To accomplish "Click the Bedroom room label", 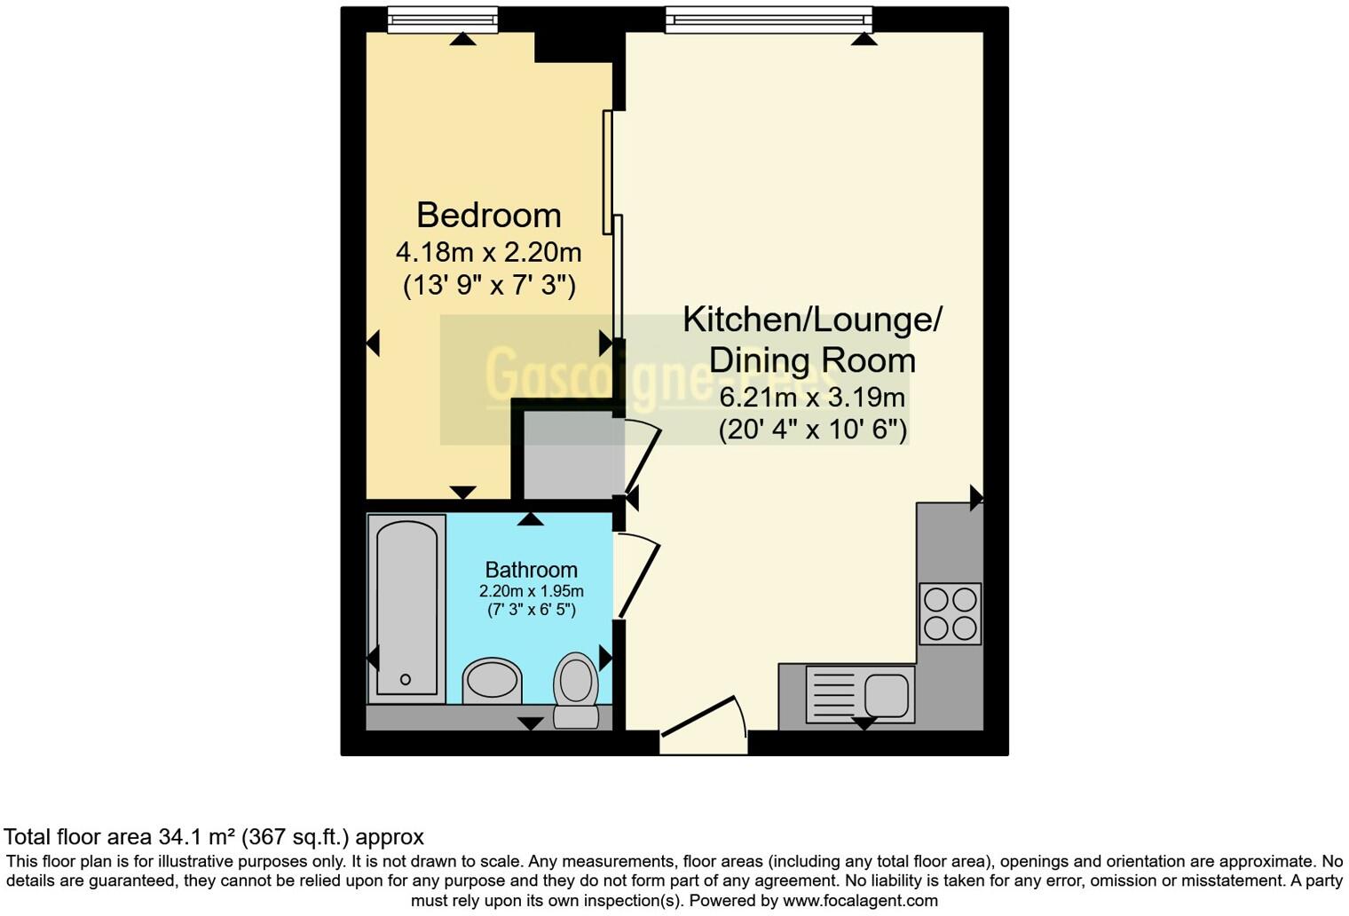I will [x=488, y=216].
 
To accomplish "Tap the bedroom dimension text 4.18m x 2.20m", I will [x=488, y=253].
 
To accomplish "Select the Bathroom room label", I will [x=531, y=570].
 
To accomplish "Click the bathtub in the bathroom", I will [x=407, y=608].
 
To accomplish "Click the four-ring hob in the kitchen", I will [x=950, y=613].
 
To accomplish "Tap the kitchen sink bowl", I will [x=887, y=693].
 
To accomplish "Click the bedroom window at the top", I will [x=443, y=19].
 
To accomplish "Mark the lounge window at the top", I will [x=769, y=19].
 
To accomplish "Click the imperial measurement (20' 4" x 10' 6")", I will [x=812, y=430].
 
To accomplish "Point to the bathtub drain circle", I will [x=406, y=680].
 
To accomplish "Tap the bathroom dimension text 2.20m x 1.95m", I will [x=531, y=591].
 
